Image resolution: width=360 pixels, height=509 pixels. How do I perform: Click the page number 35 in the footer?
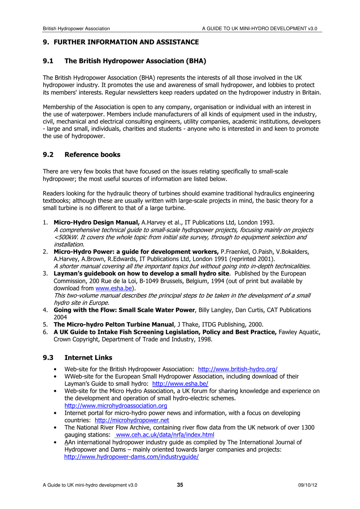point(180,485)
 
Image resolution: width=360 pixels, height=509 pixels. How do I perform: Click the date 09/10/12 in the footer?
point(307,485)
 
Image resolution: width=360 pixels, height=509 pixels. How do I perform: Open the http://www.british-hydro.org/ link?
point(238,369)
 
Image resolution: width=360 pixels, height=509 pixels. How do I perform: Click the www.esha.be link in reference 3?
point(113,289)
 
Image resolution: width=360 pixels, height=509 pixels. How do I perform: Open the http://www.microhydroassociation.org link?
point(116,406)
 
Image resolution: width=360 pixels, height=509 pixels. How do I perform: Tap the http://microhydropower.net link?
point(132,420)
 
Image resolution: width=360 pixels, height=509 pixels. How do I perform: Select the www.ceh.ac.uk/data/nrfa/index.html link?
point(165,435)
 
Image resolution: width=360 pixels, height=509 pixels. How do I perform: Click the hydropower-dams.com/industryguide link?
point(131,457)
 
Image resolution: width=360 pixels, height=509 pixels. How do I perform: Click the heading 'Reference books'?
point(92,155)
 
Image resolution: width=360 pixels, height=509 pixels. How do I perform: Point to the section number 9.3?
point(48,358)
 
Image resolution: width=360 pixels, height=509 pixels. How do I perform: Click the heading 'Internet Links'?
point(88,358)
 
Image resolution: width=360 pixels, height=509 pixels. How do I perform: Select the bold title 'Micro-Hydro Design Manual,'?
point(97,223)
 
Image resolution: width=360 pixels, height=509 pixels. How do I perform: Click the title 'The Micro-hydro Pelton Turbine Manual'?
point(113,325)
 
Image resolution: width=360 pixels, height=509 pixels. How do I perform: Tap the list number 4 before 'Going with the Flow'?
point(45,310)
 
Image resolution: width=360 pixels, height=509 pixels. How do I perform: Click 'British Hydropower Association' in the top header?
point(76,28)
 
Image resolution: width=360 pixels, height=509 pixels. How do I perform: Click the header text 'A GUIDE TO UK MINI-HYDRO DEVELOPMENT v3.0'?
point(260,28)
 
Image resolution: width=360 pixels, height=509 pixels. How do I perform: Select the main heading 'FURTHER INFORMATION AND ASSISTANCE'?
point(126,42)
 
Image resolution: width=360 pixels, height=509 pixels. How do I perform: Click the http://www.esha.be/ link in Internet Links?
point(180,384)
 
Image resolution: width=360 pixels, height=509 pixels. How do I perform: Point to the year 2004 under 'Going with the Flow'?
point(60,317)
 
